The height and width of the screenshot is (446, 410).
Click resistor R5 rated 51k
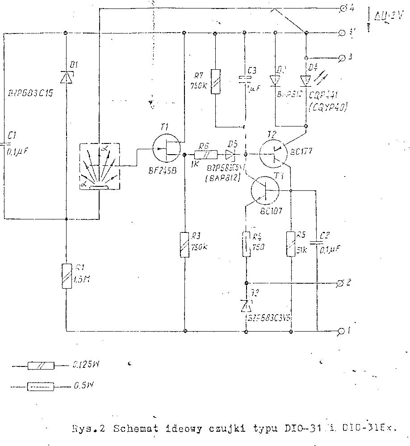[x=291, y=244]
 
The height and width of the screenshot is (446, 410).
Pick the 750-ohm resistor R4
[x=246, y=244]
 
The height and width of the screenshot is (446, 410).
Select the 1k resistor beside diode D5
[x=206, y=155]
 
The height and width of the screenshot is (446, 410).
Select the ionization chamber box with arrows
[x=99, y=166]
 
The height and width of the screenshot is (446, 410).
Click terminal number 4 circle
[x=343, y=8]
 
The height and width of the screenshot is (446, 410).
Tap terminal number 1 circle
[x=342, y=331]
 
